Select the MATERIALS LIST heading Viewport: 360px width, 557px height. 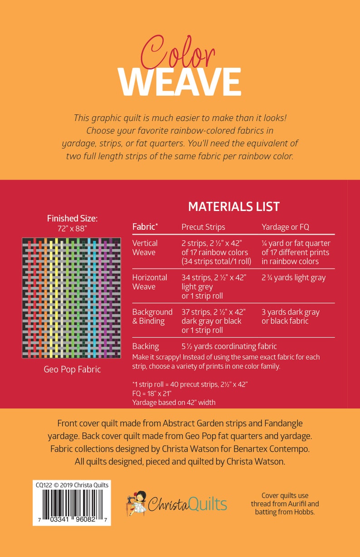point(234,207)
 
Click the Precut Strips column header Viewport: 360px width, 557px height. point(203,227)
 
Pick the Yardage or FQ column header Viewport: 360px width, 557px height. point(286,227)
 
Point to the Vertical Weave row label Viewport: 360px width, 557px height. point(145,248)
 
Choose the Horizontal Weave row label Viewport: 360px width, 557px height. point(150,282)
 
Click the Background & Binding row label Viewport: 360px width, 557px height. point(152,316)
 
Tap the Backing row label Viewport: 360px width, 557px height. point(146,346)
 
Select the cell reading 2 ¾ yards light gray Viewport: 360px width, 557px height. point(293,278)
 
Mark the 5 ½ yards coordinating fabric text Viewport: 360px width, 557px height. point(229,346)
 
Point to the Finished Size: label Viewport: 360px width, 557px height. point(72,219)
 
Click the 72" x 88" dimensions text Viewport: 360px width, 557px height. point(72,229)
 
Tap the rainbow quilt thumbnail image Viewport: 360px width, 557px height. point(72,298)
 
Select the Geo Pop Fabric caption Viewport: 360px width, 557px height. point(72,370)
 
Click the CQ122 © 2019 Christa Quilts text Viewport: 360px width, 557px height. point(72,485)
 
